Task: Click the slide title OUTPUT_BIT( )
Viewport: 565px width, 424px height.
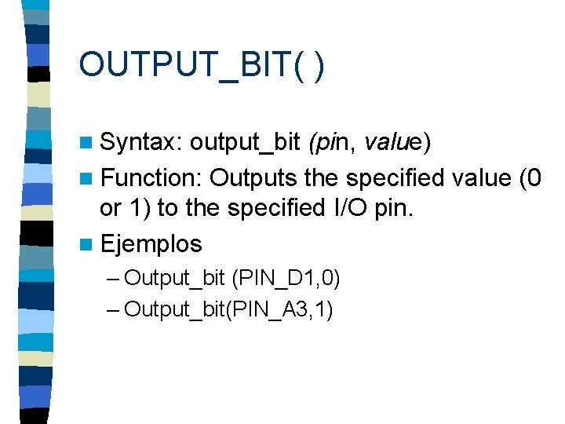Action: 201,64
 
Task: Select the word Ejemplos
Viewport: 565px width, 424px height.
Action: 151,243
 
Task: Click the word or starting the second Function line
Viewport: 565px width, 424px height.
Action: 110,210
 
